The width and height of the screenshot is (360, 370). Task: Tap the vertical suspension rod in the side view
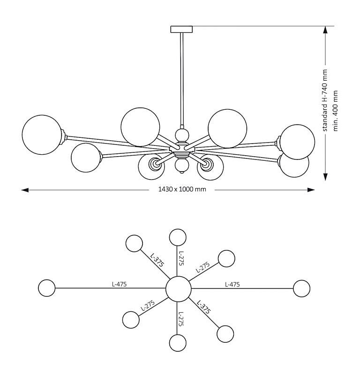(182, 80)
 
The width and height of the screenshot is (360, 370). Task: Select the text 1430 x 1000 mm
(182, 189)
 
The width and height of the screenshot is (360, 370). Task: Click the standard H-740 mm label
(325, 100)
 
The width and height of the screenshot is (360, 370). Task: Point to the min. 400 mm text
(336, 111)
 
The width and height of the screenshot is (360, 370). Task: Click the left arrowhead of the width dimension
(25, 190)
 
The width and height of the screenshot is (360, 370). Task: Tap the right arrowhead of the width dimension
(311, 190)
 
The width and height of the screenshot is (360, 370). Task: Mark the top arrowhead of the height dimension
(325, 30)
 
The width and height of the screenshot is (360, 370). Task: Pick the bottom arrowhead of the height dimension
(325, 177)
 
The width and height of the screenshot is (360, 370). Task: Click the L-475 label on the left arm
(119, 284)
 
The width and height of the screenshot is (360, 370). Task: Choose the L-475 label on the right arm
(232, 284)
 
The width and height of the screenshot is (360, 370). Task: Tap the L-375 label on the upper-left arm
(157, 260)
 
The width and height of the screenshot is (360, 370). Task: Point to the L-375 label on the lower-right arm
(203, 307)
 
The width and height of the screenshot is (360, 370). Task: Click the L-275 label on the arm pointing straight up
(181, 258)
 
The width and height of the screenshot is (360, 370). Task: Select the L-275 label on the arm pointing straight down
(181, 319)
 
